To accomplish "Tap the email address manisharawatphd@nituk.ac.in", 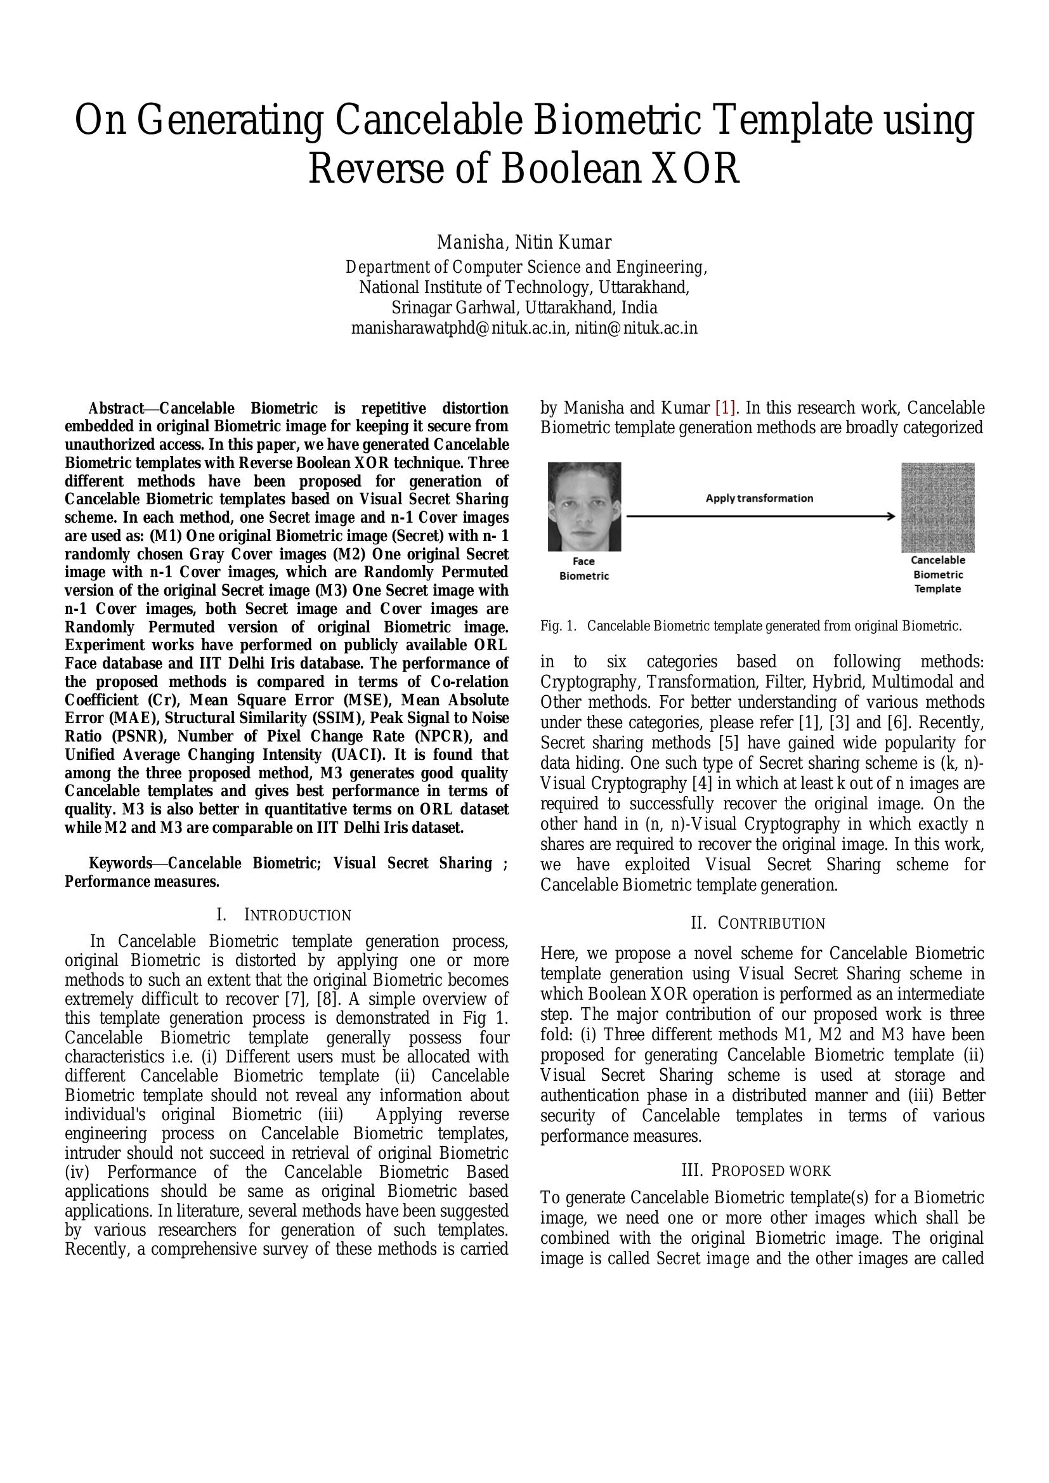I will pyautogui.click(x=459, y=328).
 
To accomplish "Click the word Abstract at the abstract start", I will pyautogui.click(x=115, y=409).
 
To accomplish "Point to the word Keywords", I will pyautogui.click(x=119, y=863).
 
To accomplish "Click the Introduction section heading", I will pyautogui.click(x=285, y=915).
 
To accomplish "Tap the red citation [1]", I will pyautogui.click(x=725, y=408).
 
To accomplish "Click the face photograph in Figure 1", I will pyautogui.click(x=584, y=506).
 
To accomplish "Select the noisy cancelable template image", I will pyautogui.click(x=937, y=507).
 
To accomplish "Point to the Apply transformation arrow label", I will pyautogui.click(x=759, y=498).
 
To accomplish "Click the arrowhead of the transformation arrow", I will pyautogui.click(x=891, y=516).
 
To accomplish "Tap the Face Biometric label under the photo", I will pyautogui.click(x=584, y=568).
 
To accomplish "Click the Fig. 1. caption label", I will pyautogui.click(x=558, y=626).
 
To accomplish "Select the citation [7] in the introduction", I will pyautogui.click(x=295, y=999).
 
